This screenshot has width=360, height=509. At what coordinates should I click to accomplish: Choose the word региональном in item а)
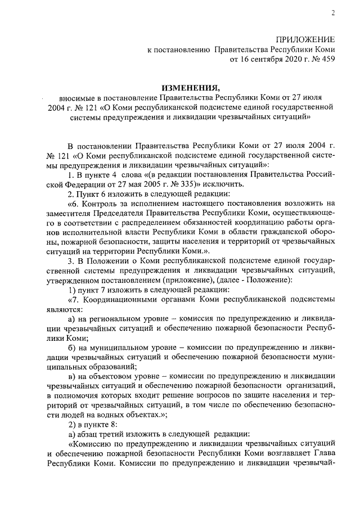pyautogui.click(x=125, y=319)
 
